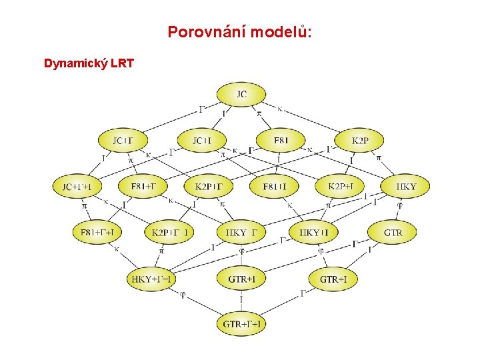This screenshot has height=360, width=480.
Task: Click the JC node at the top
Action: pyautogui.click(x=241, y=95)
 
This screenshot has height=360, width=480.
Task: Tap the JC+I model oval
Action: pyautogui.click(x=202, y=141)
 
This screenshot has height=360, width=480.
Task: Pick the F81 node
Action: pyautogui.click(x=281, y=141)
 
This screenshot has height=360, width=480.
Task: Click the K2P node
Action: pyautogui.click(x=360, y=141)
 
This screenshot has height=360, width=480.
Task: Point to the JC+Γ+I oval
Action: pyautogui.click(x=77, y=187)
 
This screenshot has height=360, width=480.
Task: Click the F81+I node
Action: pyautogui.click(x=274, y=187)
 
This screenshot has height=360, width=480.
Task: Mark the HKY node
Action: pyautogui.click(x=405, y=187)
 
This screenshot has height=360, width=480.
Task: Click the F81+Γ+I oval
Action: pyautogui.click(x=97, y=232)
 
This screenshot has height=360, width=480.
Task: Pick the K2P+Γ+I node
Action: pyautogui.click(x=169, y=232)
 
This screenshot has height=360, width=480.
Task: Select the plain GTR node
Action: pyautogui.click(x=393, y=232)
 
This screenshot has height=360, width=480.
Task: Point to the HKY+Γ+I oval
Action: pyautogui.click(x=151, y=279)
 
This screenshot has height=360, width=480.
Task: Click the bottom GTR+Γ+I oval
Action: pyautogui.click(x=241, y=325)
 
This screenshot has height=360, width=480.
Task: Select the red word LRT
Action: pyautogui.click(x=123, y=64)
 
